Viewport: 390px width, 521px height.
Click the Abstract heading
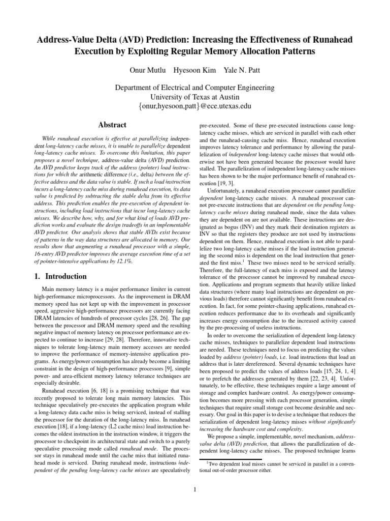coord(112,125)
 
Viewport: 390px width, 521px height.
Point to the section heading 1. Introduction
coord(56,277)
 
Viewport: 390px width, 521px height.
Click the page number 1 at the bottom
coord(195,490)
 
